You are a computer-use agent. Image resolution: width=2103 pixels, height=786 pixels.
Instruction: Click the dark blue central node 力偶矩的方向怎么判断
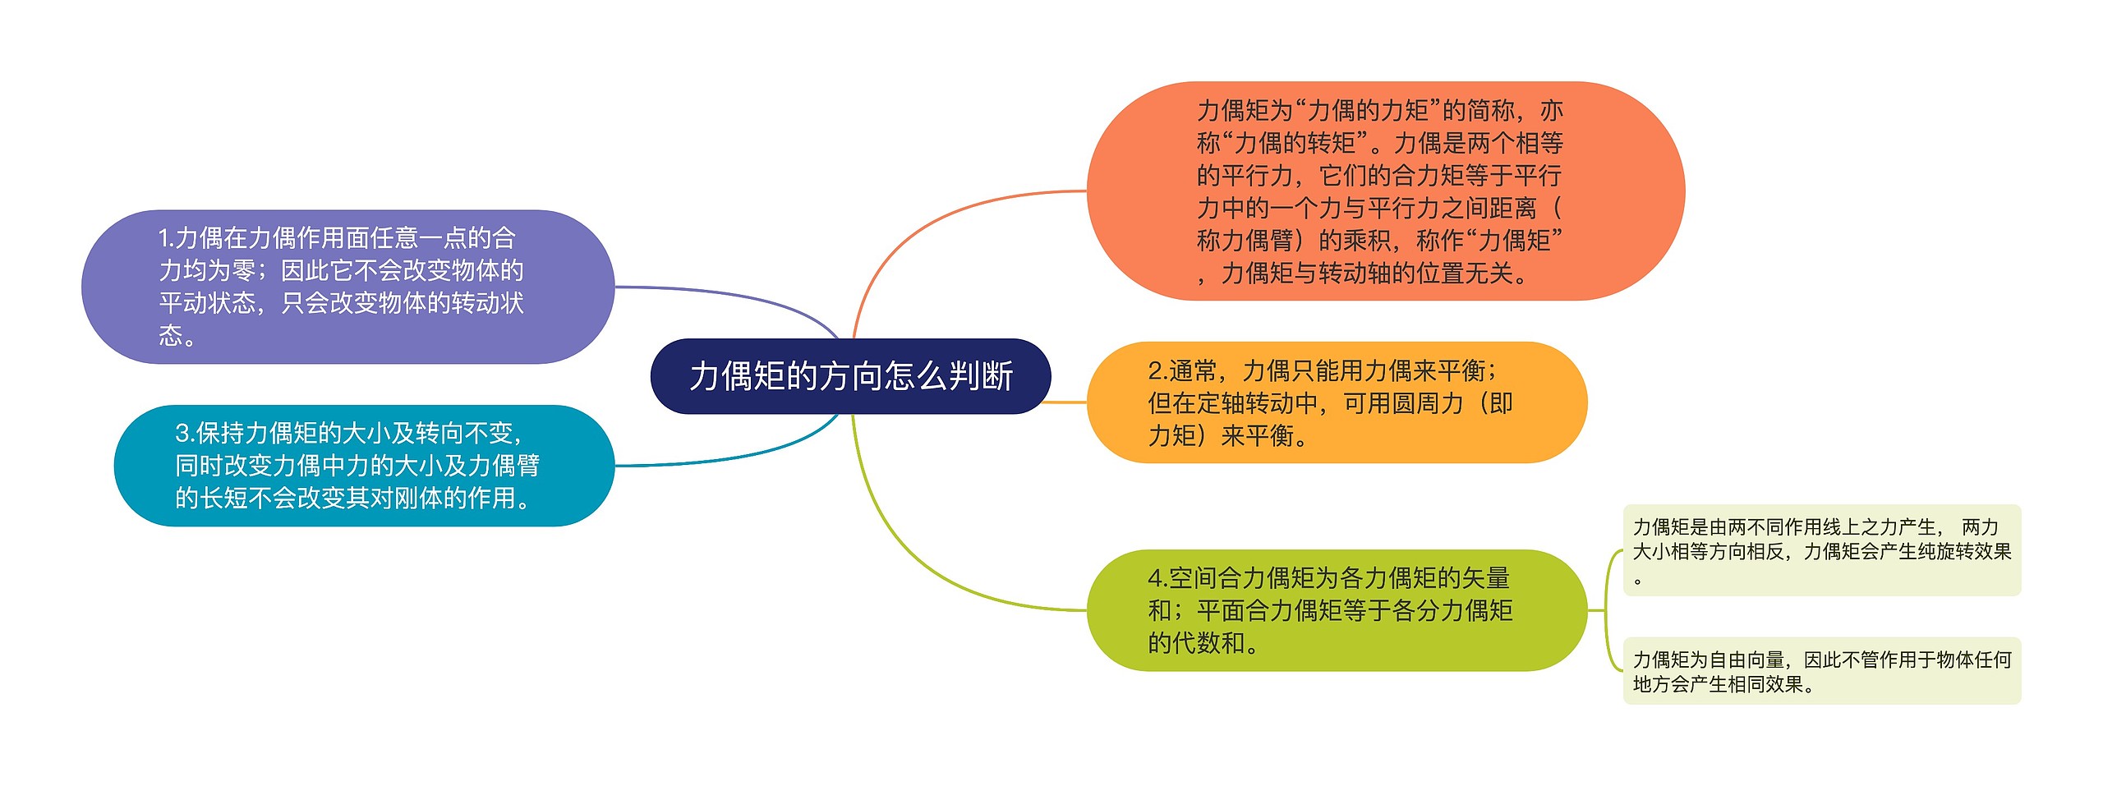pyautogui.click(x=850, y=376)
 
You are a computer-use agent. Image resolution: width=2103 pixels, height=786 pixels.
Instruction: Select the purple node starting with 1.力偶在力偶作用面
pyautogui.click(x=347, y=287)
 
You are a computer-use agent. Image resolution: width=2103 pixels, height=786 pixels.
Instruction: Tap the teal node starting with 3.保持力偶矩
pyautogui.click(x=364, y=465)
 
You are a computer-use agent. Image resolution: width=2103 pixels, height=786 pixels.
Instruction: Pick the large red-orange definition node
pyautogui.click(x=1385, y=191)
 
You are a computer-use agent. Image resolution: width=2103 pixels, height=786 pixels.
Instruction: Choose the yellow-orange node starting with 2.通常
pyautogui.click(x=1337, y=402)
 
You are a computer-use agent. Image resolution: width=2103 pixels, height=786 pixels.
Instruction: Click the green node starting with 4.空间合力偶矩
pyautogui.click(x=1337, y=610)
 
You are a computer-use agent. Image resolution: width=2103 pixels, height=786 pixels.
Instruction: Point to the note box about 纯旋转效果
pyautogui.click(x=1821, y=550)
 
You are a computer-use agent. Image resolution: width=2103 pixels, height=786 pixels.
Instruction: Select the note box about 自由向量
pyautogui.click(x=1821, y=671)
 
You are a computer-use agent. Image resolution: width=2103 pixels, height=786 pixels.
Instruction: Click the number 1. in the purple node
pyautogui.click(x=165, y=238)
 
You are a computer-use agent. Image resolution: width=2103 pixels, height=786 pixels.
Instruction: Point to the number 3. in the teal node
pyautogui.click(x=183, y=433)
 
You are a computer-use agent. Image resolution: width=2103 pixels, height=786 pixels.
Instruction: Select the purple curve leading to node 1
pyautogui.click(x=739, y=296)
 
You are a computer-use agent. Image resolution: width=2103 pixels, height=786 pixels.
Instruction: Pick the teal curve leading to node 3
pyautogui.click(x=739, y=456)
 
